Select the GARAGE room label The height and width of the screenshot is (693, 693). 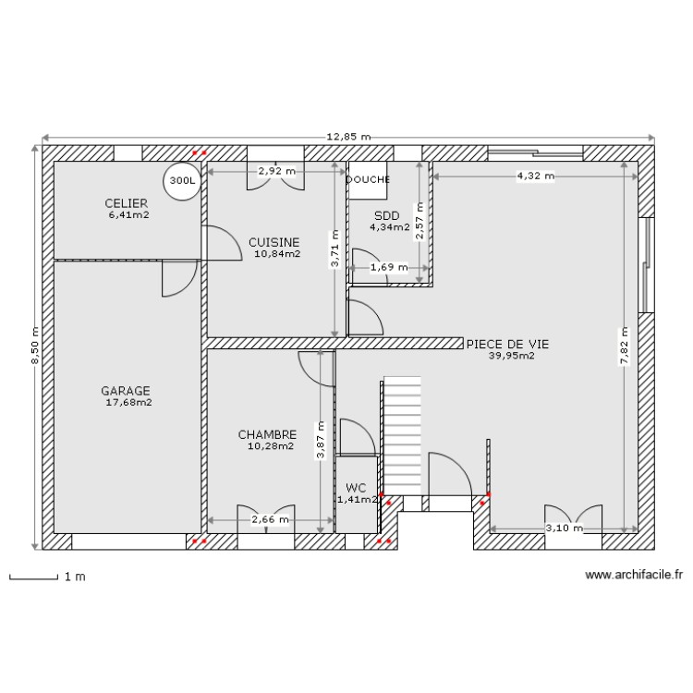[x=126, y=391]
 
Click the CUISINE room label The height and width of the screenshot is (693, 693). [x=274, y=242]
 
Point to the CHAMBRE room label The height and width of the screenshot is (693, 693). [x=267, y=434]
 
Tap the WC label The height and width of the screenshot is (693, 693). [x=356, y=487]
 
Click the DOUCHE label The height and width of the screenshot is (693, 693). [x=368, y=180]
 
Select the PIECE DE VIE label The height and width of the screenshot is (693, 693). [x=507, y=343]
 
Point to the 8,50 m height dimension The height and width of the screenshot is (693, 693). [x=35, y=346]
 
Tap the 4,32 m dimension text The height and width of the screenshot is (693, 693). [x=535, y=175]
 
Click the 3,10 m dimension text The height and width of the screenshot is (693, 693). [x=564, y=529]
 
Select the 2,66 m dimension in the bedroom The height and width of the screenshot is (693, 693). [x=270, y=520]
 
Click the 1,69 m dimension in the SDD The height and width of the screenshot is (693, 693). [x=387, y=268]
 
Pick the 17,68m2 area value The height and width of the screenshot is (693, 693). [x=129, y=403]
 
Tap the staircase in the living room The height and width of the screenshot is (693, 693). [x=403, y=434]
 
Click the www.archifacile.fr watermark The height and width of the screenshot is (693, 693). [x=634, y=574]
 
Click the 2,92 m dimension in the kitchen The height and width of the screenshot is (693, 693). [x=276, y=171]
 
